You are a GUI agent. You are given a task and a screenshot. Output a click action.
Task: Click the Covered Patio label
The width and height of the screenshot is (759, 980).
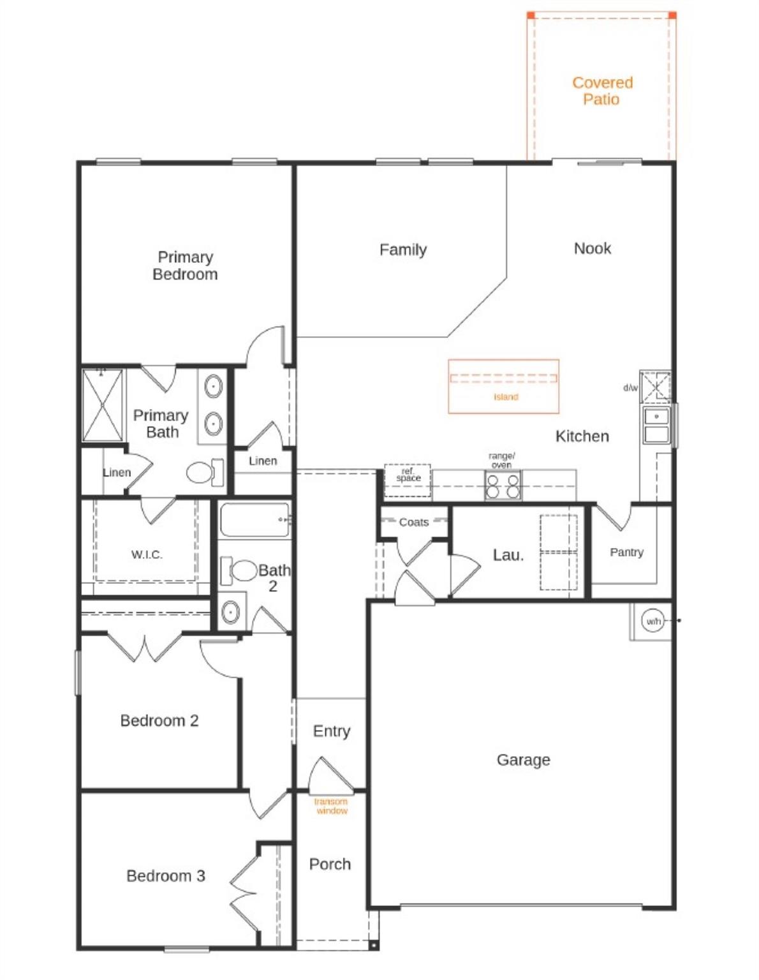[x=602, y=91]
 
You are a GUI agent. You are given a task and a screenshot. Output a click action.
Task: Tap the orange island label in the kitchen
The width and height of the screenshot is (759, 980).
[x=506, y=397]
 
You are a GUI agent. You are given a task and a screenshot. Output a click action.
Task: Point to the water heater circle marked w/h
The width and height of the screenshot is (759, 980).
[x=653, y=621]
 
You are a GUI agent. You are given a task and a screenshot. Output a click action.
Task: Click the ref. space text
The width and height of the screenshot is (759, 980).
[x=408, y=475]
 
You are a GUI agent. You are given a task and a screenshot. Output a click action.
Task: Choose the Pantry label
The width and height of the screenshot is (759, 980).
[x=626, y=552]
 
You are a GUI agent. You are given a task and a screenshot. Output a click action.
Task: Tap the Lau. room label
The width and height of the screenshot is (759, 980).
[x=508, y=555]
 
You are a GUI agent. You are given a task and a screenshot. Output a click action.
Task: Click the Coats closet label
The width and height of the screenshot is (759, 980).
[x=413, y=523]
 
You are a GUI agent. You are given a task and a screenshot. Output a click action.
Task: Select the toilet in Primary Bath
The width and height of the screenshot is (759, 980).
[x=203, y=472]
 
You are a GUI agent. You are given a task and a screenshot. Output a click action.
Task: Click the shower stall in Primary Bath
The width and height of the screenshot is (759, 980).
[x=103, y=405]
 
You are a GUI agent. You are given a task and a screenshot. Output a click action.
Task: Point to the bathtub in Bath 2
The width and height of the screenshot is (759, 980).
[x=254, y=520]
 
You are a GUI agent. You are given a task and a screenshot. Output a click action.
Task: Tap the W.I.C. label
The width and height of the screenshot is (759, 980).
[x=147, y=554]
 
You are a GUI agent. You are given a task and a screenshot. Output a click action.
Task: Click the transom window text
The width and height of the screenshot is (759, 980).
[x=332, y=806]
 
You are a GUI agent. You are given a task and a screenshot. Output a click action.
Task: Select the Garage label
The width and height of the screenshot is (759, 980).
[x=523, y=759]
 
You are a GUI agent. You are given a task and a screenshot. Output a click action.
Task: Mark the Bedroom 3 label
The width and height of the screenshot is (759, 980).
[x=166, y=875]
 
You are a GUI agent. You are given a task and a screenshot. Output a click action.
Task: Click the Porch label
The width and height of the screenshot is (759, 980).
[x=330, y=864]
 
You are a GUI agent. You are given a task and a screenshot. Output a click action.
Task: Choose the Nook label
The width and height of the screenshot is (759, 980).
[x=592, y=248]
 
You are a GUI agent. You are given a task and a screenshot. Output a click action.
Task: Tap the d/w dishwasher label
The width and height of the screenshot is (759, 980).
[x=630, y=388]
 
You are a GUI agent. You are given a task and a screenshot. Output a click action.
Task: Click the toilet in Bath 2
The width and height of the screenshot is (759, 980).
[x=242, y=570]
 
